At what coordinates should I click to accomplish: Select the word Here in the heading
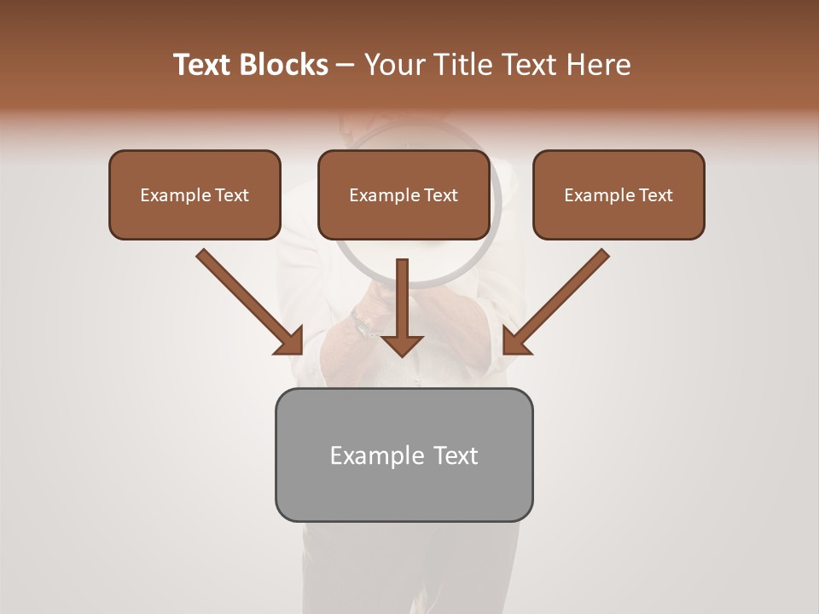point(596,65)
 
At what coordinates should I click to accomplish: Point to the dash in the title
point(346,66)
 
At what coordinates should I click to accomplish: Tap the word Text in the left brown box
point(231,195)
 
